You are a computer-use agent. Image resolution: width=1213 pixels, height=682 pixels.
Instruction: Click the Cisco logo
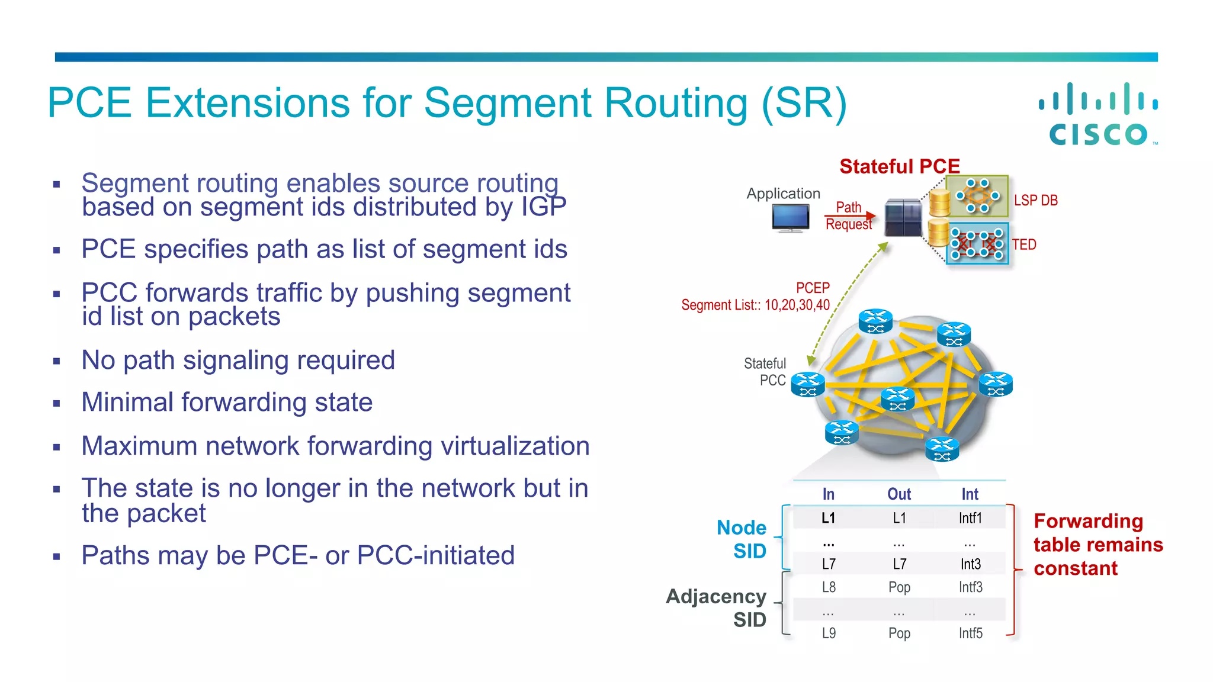(x=1099, y=114)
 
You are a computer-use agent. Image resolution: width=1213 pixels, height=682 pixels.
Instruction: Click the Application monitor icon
(x=790, y=218)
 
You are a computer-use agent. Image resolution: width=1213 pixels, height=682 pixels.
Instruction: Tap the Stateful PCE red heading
(x=899, y=166)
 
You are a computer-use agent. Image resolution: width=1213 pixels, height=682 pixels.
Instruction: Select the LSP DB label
(x=1035, y=201)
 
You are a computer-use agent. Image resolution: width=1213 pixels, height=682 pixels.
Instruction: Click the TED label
(x=1024, y=245)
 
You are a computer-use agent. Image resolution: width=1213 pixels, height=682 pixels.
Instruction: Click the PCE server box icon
(x=903, y=218)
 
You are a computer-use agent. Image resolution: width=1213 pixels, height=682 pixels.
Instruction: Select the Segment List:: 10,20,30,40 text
(x=755, y=305)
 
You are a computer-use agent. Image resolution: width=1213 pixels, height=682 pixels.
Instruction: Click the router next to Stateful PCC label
(x=808, y=384)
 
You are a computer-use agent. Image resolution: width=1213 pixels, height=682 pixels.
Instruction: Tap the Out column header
(x=898, y=494)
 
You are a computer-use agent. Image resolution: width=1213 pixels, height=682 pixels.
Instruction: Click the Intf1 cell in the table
(x=970, y=518)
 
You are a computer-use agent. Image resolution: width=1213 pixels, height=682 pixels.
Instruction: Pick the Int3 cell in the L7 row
(x=970, y=564)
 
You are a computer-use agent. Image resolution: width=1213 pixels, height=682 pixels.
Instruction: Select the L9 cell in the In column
(x=829, y=633)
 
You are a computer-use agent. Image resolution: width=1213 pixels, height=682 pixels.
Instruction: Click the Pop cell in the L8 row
(x=898, y=587)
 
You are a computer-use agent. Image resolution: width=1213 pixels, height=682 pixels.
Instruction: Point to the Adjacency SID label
(x=716, y=608)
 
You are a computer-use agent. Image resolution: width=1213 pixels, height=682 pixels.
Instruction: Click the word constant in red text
(x=1076, y=568)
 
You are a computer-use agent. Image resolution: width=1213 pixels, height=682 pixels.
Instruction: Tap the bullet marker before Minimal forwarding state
(x=57, y=404)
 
